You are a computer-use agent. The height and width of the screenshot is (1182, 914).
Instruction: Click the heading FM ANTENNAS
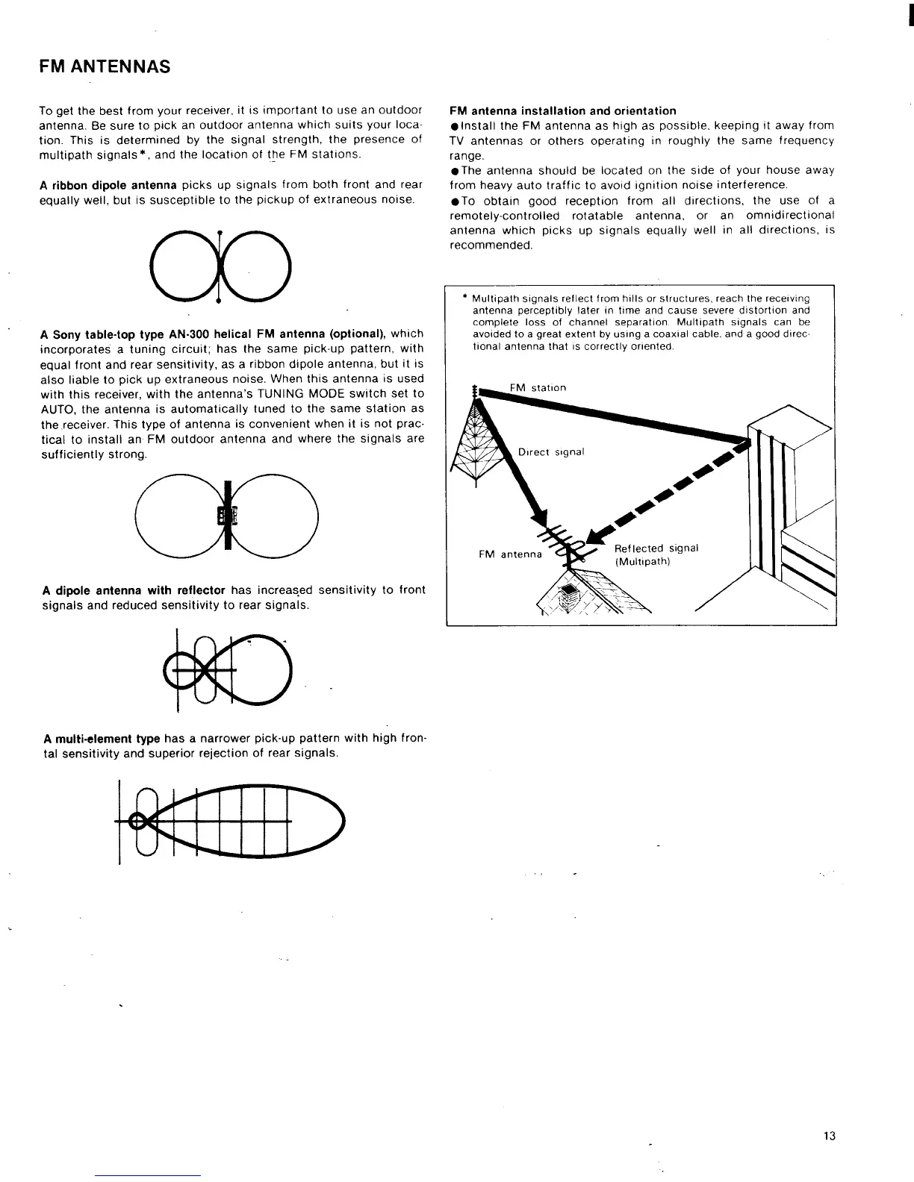(x=105, y=67)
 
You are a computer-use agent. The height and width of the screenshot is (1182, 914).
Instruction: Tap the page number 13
(x=829, y=1136)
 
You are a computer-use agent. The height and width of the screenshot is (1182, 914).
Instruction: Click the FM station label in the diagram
(x=538, y=388)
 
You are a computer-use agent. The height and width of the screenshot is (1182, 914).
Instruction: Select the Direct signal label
(x=551, y=452)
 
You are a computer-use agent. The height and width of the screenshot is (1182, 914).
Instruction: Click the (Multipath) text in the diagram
(x=642, y=562)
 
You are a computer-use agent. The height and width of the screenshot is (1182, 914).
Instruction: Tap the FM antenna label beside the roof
(x=510, y=554)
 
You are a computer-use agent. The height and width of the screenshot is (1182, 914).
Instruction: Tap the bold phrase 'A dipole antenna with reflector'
(x=134, y=590)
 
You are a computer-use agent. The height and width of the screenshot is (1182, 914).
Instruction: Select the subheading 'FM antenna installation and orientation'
(x=563, y=111)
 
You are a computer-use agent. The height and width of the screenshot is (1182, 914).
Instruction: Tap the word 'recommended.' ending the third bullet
(x=491, y=246)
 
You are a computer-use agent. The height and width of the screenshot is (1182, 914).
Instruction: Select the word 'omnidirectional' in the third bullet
(x=790, y=216)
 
